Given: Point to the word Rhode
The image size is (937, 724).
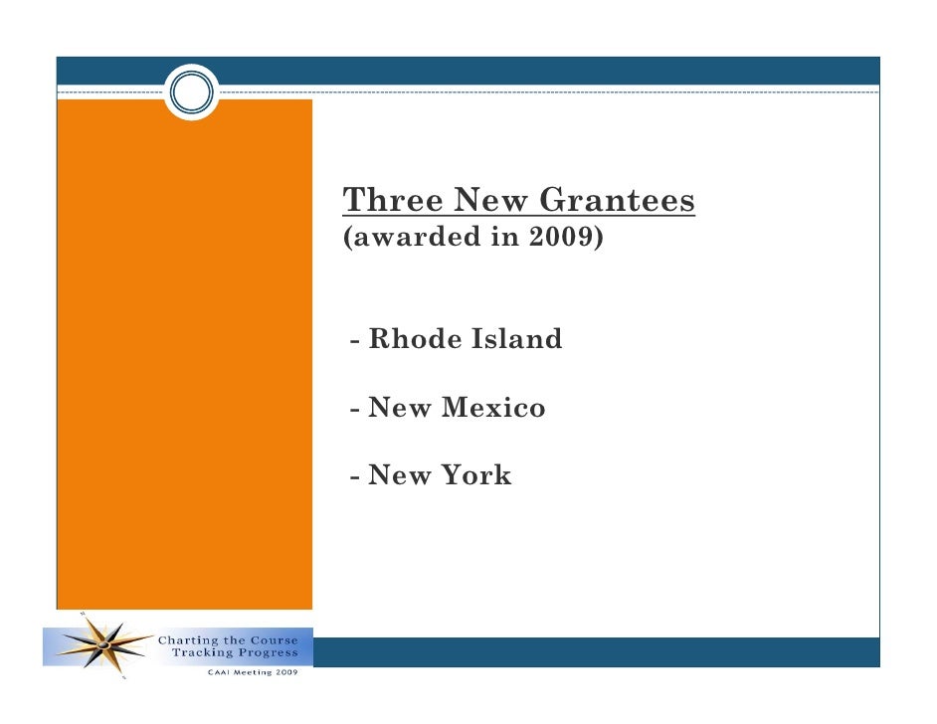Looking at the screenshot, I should click(407, 340).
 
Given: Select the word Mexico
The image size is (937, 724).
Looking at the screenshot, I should click(494, 408).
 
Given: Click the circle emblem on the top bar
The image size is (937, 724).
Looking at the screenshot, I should click(191, 93).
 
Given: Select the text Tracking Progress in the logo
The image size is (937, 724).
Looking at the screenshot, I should click(235, 653).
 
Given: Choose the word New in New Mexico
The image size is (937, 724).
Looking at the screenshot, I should click(399, 408).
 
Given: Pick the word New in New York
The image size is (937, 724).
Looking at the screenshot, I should click(399, 476).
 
